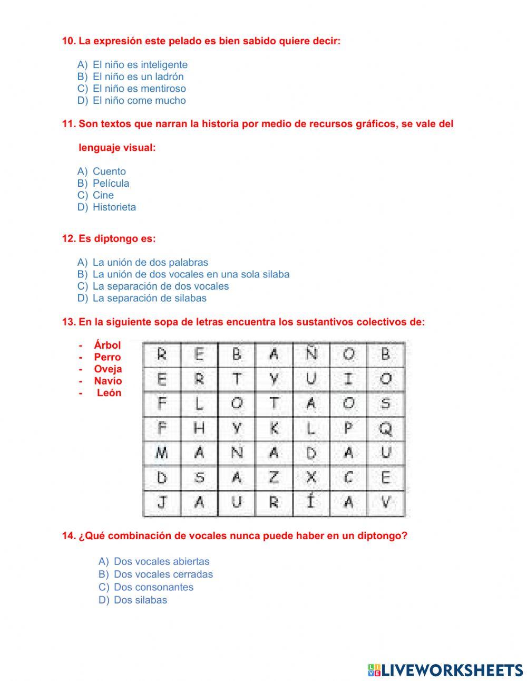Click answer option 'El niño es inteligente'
[140, 65]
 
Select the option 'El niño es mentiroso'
[139, 89]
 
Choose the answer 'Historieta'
[114, 207]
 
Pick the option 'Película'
[111, 184]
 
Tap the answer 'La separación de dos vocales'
[160, 286]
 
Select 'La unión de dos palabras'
[150, 263]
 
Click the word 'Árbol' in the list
[108, 346]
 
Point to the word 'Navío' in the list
[108, 381]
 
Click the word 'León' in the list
[109, 393]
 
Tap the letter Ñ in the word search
[311, 353]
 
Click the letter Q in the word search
[386, 429]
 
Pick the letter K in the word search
[274, 429]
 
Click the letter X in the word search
[311, 478]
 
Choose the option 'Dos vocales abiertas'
[161, 562]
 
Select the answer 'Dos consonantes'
[153, 587]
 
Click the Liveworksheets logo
[445, 670]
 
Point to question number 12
[69, 239]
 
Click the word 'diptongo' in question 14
[379, 536]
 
